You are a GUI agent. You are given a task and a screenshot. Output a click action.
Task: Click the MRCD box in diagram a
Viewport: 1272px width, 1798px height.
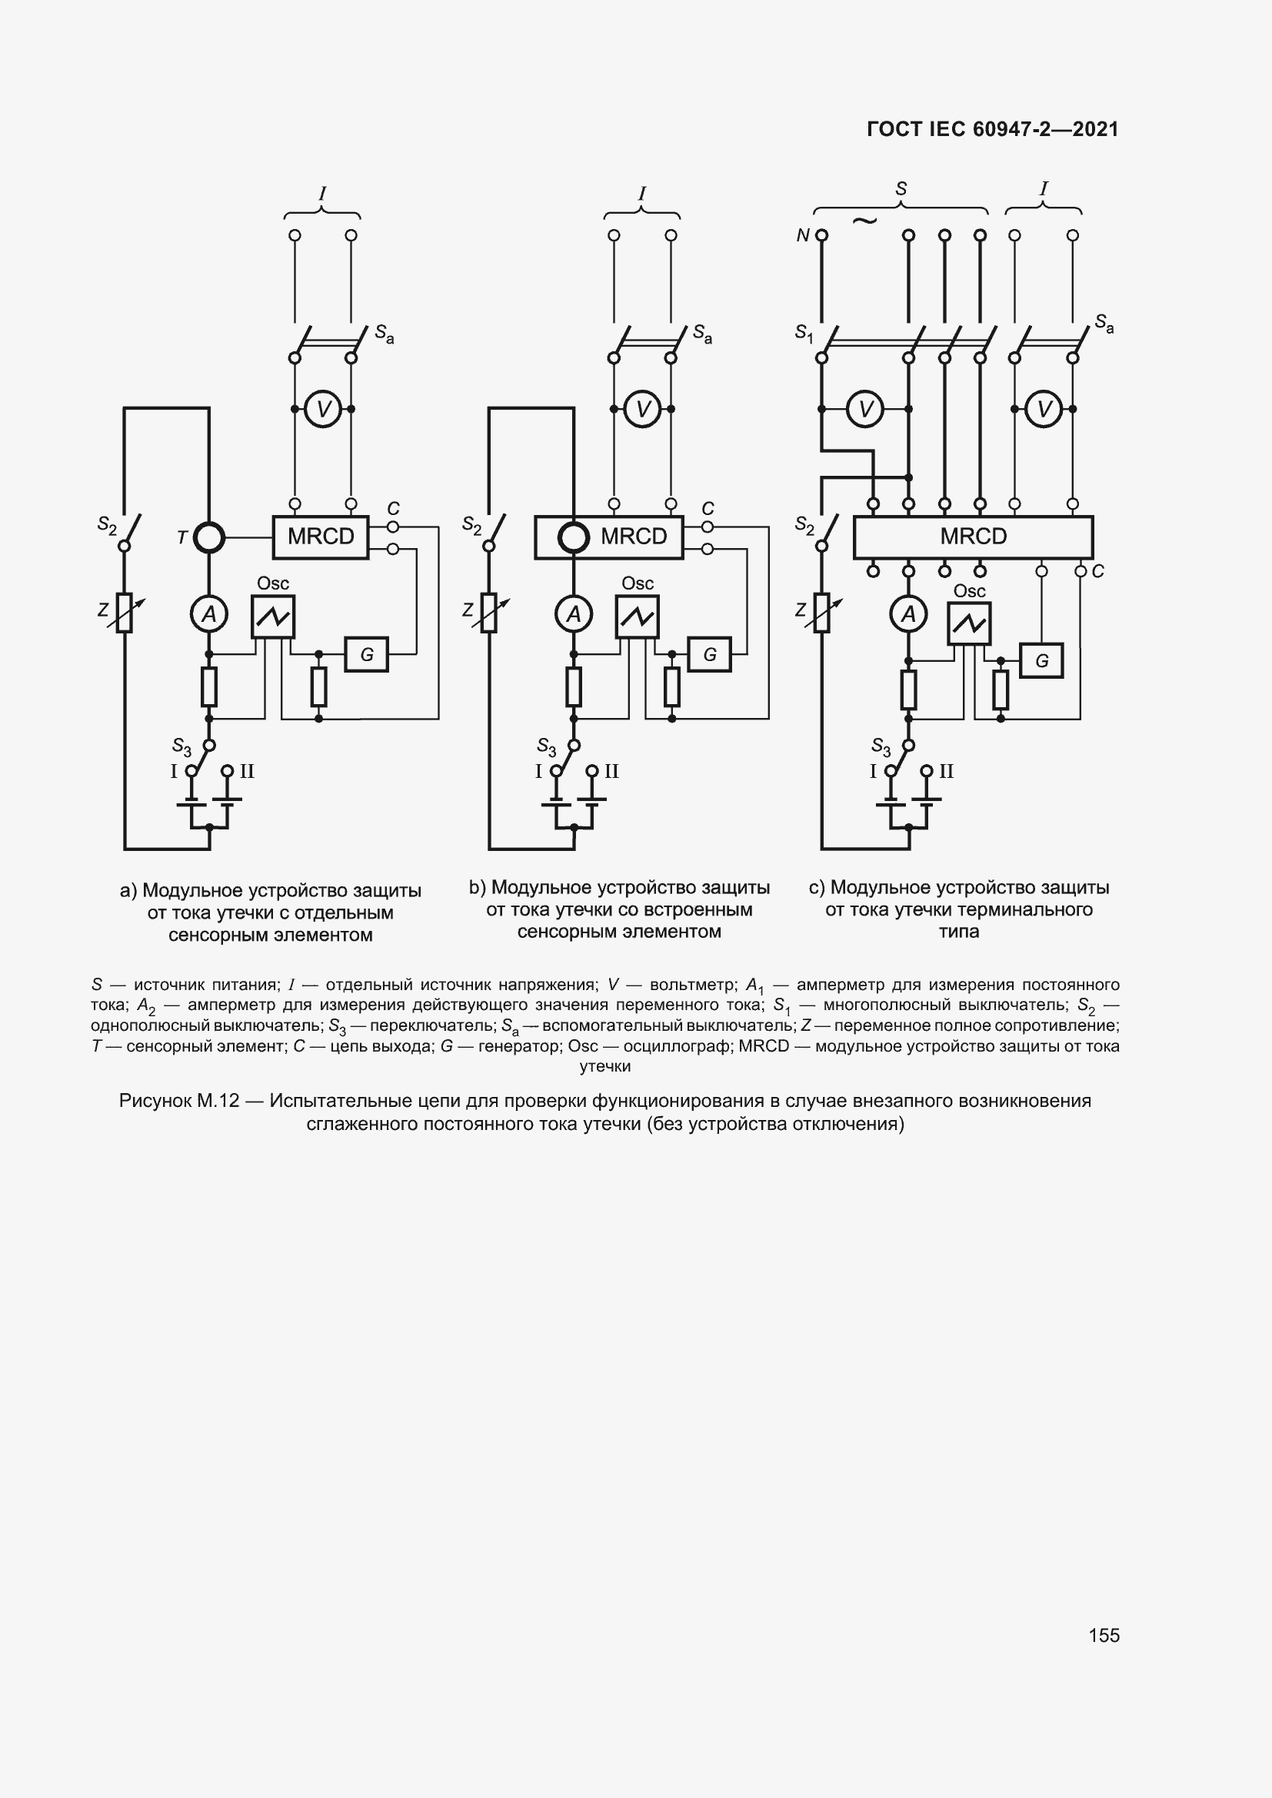pos(321,537)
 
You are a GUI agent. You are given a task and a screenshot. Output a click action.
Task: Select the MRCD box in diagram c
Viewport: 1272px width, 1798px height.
pos(973,537)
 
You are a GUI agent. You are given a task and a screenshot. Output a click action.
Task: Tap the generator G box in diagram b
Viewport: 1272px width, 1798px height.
pos(710,655)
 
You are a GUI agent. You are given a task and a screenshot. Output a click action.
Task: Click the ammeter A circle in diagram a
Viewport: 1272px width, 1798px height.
pos(209,615)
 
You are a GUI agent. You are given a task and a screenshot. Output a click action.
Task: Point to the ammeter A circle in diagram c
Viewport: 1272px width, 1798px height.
pos(908,615)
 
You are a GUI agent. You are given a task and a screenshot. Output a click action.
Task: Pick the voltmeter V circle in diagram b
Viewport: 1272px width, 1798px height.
pos(643,409)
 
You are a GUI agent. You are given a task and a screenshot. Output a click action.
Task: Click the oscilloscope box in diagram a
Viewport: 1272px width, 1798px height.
pos(272,617)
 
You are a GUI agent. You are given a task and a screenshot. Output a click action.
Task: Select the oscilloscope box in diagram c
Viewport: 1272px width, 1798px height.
pos(969,623)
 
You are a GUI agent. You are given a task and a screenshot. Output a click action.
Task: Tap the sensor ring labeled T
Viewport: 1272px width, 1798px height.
pos(209,538)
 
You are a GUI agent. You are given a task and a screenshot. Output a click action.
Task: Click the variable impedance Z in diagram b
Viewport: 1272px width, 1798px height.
pos(490,613)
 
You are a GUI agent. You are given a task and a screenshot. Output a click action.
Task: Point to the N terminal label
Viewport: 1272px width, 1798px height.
pos(802,236)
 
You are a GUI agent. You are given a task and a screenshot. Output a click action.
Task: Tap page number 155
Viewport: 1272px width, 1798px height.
pos(1104,1635)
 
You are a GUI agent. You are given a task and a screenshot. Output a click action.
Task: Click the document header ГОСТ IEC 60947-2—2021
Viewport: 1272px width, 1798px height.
pos(992,129)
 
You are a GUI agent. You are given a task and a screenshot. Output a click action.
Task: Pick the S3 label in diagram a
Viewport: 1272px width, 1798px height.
pos(181,746)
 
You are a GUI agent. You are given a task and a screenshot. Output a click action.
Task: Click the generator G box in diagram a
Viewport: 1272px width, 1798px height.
pos(367,655)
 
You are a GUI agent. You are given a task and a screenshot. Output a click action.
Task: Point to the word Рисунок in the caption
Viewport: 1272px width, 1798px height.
pos(155,1101)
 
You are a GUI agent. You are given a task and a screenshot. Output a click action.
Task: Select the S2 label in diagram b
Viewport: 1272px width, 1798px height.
pos(471,525)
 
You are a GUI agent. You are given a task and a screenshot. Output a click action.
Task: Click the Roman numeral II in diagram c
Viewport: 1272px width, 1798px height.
pos(946,771)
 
